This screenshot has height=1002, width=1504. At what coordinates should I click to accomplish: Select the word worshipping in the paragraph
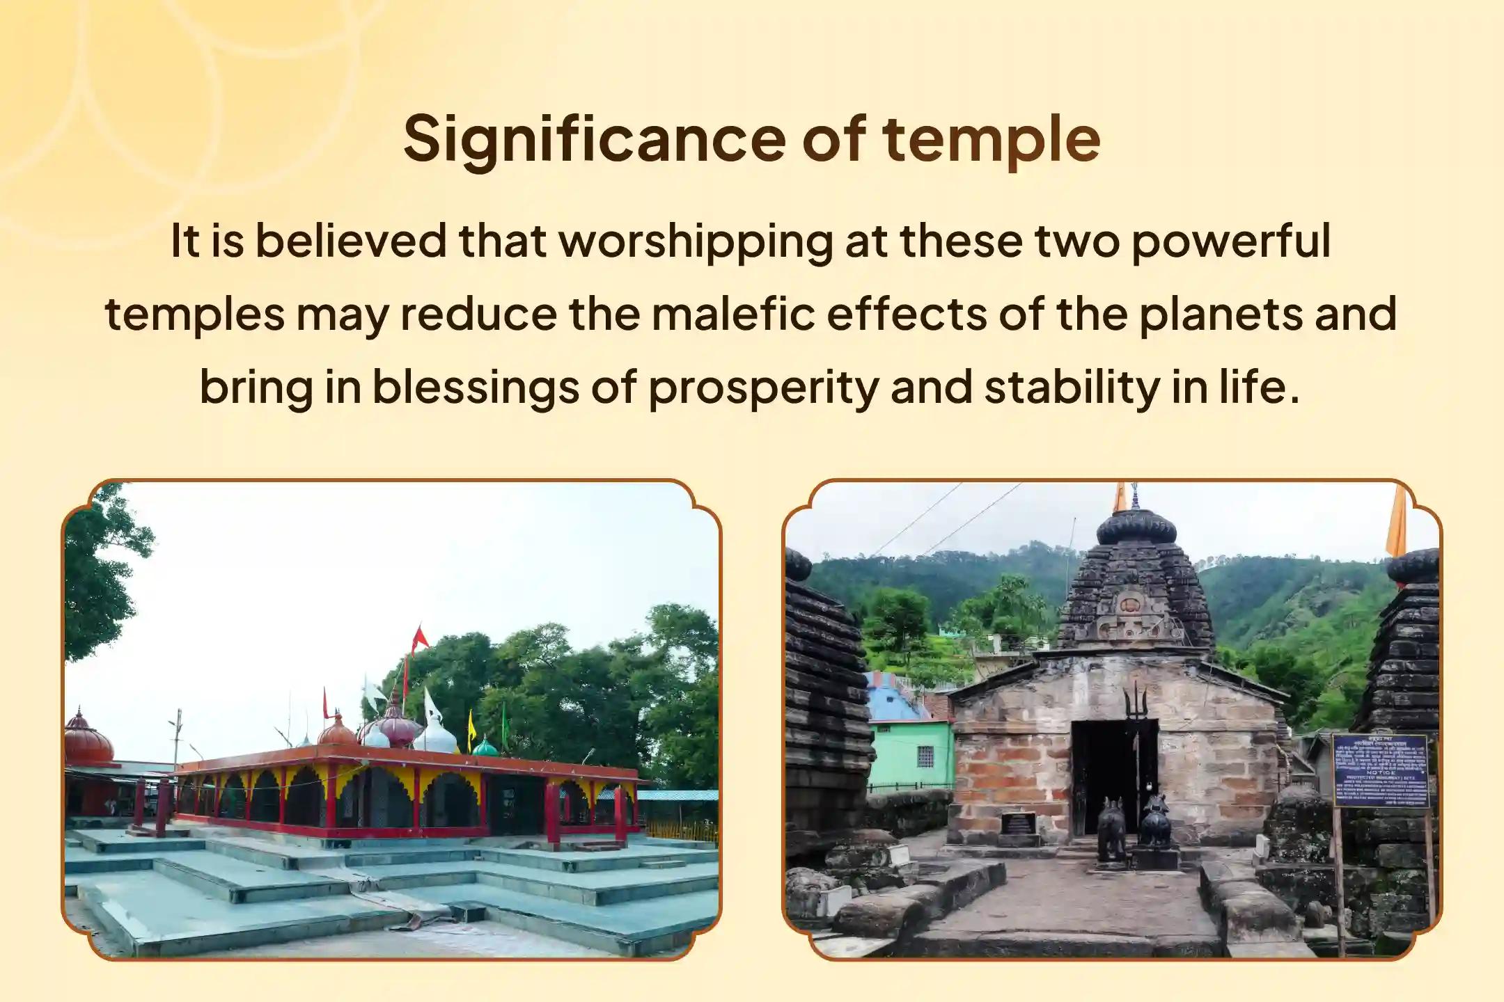click(x=696, y=241)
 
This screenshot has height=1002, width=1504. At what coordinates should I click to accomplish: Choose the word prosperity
click(x=763, y=387)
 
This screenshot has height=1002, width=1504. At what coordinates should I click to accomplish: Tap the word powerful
click(x=1230, y=241)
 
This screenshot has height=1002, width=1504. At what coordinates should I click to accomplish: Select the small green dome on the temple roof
click(x=485, y=748)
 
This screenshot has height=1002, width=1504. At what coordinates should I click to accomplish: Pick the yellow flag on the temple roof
click(x=471, y=724)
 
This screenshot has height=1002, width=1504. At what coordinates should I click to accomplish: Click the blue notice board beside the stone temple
click(x=1380, y=770)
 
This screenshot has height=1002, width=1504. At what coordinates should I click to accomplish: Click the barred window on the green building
click(x=925, y=757)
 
